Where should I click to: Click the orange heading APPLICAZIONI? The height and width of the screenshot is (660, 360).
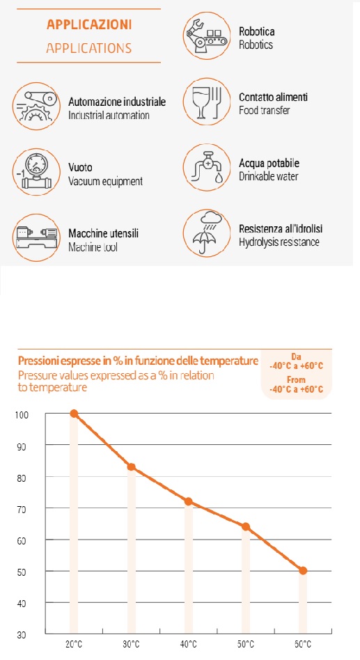[89, 24]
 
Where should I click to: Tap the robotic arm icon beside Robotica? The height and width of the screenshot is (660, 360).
[207, 36]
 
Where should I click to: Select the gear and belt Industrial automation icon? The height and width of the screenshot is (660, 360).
[36, 106]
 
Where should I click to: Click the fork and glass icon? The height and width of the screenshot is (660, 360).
[207, 102]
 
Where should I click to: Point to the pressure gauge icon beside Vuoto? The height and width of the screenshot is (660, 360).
[36, 171]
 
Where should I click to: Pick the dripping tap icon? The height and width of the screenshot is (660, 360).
[207, 168]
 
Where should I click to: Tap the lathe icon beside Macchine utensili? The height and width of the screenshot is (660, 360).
[36, 237]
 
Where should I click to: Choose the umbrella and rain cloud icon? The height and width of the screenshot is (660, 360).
[207, 233]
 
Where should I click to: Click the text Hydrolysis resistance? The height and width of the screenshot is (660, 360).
[279, 242]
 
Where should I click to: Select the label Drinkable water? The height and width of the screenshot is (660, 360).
[269, 176]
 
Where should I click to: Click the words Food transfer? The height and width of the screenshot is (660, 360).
[265, 111]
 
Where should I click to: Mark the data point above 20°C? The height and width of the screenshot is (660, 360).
[74, 414]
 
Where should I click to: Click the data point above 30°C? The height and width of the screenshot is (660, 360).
[132, 466]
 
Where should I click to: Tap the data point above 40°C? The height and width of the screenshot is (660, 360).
[189, 501]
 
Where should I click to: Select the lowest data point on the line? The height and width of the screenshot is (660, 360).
[303, 571]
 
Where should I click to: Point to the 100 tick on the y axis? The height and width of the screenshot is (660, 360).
[22, 415]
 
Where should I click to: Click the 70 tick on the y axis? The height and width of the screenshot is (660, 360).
[22, 510]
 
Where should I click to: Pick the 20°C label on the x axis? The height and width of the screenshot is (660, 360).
[74, 645]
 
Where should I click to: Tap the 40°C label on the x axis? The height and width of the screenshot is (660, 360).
[188, 645]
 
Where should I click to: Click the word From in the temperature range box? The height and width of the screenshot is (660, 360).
[297, 380]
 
